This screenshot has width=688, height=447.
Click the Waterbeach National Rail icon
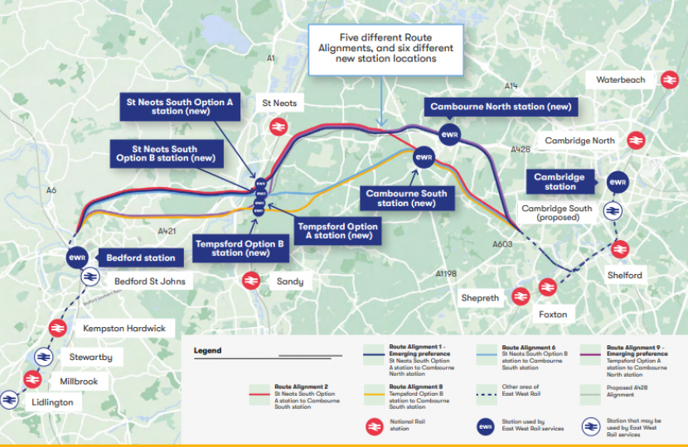667,80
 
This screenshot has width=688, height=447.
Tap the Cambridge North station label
579,141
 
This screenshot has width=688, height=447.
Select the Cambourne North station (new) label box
501,107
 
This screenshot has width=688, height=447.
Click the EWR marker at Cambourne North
449,134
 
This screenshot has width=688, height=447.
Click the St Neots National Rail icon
279,126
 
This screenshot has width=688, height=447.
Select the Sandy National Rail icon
251,281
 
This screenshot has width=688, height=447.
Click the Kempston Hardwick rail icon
57,328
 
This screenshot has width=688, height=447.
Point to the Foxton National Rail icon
546,287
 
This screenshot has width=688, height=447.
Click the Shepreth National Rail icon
521,296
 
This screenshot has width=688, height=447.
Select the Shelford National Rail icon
619,248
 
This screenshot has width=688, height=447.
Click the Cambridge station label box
560,181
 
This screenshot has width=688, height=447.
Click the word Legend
207,350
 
